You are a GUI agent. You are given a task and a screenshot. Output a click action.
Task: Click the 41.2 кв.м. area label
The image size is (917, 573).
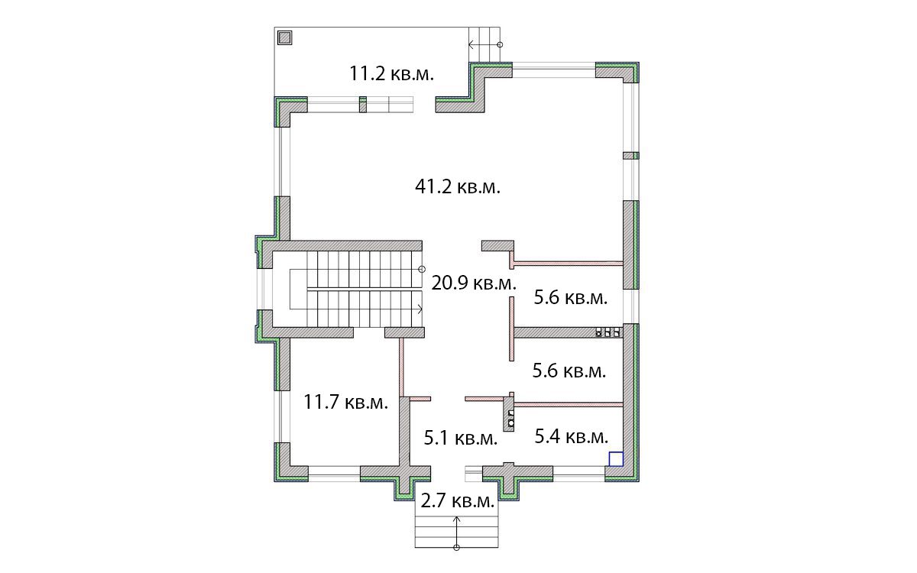coord(458,187)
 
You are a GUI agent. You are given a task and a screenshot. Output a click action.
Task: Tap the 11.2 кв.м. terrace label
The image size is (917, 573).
coord(391,74)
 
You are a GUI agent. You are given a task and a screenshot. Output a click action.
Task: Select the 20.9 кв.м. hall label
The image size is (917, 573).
coord(474,283)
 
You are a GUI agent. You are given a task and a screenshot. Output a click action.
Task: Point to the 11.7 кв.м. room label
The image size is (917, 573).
coord(345,402)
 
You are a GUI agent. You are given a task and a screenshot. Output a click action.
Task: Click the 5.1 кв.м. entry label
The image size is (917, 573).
coord(461,439)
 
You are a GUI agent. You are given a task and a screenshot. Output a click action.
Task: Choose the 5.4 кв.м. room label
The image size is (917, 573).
coord(572,437)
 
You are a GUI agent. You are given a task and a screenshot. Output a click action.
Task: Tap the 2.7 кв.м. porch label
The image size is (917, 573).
coord(458,501)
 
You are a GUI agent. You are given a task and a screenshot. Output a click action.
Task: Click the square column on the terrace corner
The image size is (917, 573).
coord(284,38)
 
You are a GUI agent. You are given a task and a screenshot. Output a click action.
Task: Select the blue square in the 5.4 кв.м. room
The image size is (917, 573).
coord(616,459)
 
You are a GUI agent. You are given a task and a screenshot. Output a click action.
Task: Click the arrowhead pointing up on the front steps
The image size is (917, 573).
coord(457,519)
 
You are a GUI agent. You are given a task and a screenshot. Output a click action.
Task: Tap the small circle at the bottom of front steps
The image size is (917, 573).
coord(457,548)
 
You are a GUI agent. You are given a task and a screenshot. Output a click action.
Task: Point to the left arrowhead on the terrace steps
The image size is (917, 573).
coord(471,44)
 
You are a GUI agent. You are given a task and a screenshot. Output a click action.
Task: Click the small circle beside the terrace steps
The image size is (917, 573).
coord(500,44)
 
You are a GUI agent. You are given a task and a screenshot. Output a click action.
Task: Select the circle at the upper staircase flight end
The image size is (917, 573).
coord(422,269)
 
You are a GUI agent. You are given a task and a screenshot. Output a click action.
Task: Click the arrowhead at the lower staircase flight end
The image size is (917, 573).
coord(420,309)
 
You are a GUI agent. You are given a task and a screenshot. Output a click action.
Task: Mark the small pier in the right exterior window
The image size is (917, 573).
coord(631,156)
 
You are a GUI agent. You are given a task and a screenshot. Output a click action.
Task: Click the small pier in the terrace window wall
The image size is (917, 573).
coord(363,105)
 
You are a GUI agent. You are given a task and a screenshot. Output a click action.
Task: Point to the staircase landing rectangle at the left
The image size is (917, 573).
coord(298,290)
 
